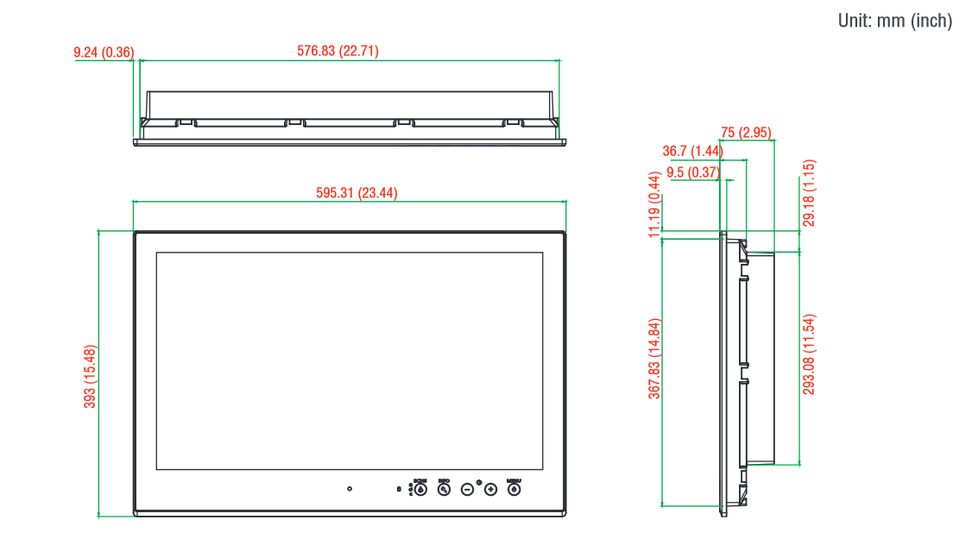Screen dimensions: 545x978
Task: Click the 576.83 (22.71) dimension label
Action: tap(338, 52)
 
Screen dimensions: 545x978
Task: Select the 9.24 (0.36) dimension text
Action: tap(104, 53)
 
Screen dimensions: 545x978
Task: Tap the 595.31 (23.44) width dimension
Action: tap(356, 193)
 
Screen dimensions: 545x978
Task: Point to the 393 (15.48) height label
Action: tap(90, 376)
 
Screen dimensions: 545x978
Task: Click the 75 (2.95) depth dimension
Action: tap(746, 133)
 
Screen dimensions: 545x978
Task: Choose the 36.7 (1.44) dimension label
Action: tap(692, 152)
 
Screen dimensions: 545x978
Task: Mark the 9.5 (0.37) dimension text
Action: tap(692, 172)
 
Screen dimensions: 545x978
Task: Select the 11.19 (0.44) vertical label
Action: tap(655, 204)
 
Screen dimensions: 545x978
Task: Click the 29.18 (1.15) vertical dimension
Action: tap(809, 193)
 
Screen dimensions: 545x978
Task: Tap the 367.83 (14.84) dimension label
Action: tap(655, 359)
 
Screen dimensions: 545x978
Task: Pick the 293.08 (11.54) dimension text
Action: tap(809, 354)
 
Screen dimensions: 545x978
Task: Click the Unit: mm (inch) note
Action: tap(895, 21)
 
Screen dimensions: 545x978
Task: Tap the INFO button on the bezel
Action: tap(444, 489)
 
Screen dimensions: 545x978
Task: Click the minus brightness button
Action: tap(467, 489)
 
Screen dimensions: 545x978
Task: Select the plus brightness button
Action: tap(490, 489)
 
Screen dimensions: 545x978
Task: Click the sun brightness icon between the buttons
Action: tap(479, 479)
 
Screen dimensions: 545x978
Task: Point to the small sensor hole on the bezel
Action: tap(349, 489)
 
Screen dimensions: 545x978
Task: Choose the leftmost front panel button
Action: tap(420, 489)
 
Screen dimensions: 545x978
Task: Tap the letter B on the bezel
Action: tap(399, 490)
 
